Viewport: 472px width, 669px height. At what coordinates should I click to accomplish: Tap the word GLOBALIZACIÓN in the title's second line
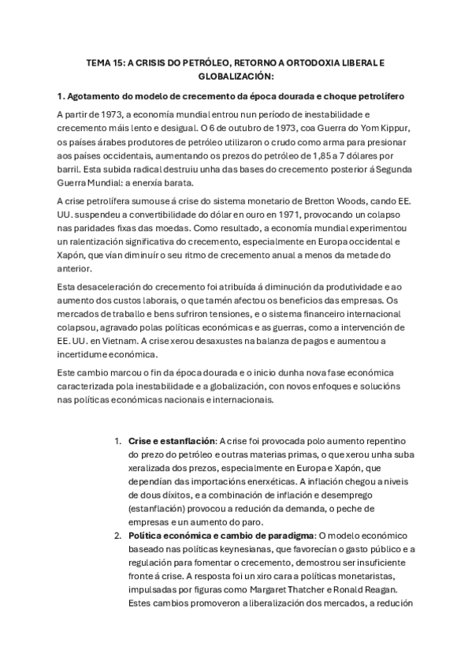pos(236,77)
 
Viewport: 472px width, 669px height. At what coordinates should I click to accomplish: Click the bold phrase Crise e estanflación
pos(171,440)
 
